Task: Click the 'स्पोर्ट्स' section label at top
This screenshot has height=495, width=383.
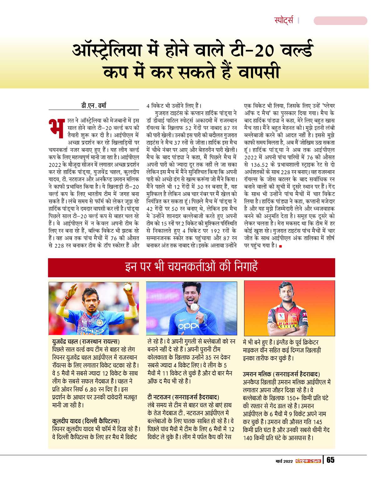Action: coord(284,21)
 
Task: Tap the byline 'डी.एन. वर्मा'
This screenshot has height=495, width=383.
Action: coord(94,106)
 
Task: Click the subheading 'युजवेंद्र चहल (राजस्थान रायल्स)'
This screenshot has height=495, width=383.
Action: coord(86,342)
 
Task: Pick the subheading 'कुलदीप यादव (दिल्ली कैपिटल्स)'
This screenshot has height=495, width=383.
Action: coord(86,421)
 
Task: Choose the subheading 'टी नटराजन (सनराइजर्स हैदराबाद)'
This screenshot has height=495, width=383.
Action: coord(183,397)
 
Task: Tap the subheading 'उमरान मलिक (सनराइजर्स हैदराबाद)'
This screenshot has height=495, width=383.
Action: coord(281,374)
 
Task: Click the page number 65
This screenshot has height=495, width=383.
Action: coord(330,460)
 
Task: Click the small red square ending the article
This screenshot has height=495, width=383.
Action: coord(280,246)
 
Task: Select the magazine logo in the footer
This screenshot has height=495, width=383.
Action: coord(308,461)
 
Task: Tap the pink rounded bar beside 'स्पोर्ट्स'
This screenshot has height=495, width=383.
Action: coord(340,21)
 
